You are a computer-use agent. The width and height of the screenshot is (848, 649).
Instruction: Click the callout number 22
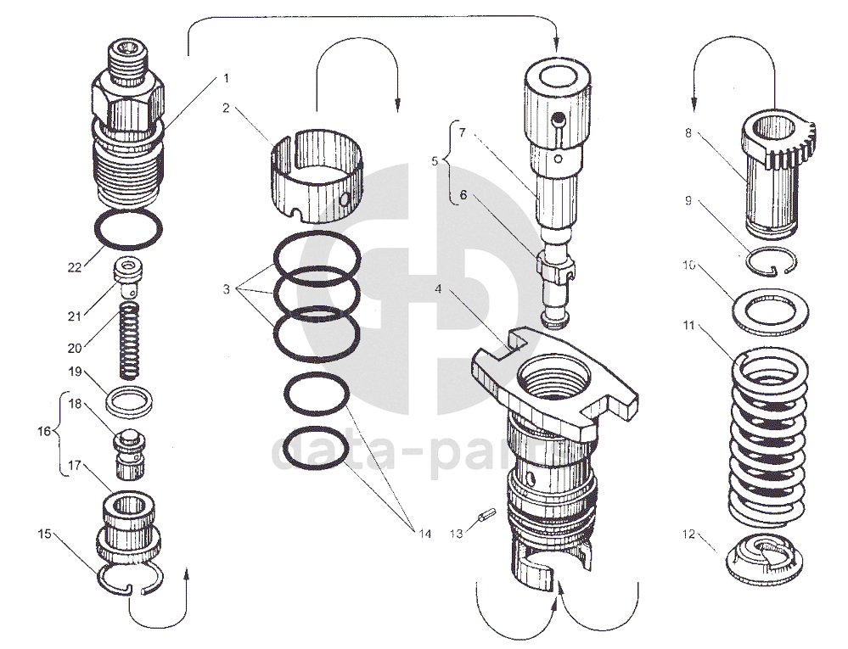coord(74,267)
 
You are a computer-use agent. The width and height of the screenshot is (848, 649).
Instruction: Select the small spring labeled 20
coord(129,340)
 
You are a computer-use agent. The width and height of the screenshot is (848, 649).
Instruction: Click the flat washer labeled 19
coord(129,402)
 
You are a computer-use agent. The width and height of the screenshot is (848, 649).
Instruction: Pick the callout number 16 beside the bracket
coord(44,431)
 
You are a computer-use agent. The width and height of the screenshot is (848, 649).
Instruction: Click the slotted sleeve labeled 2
coord(317,176)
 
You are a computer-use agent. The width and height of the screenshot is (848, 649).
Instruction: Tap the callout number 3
coord(226,289)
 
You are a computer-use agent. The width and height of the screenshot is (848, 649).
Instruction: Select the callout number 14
coord(424,534)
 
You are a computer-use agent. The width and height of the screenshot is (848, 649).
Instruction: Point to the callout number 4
coord(438,289)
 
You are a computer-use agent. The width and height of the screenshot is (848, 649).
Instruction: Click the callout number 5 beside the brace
coord(435,161)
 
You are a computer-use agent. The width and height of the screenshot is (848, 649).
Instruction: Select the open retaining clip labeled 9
coord(772,261)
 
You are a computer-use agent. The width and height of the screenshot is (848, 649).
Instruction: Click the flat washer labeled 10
coord(770,312)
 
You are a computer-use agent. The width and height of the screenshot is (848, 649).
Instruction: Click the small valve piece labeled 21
coord(128,277)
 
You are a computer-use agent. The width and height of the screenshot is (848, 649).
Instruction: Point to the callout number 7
coord(462,132)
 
